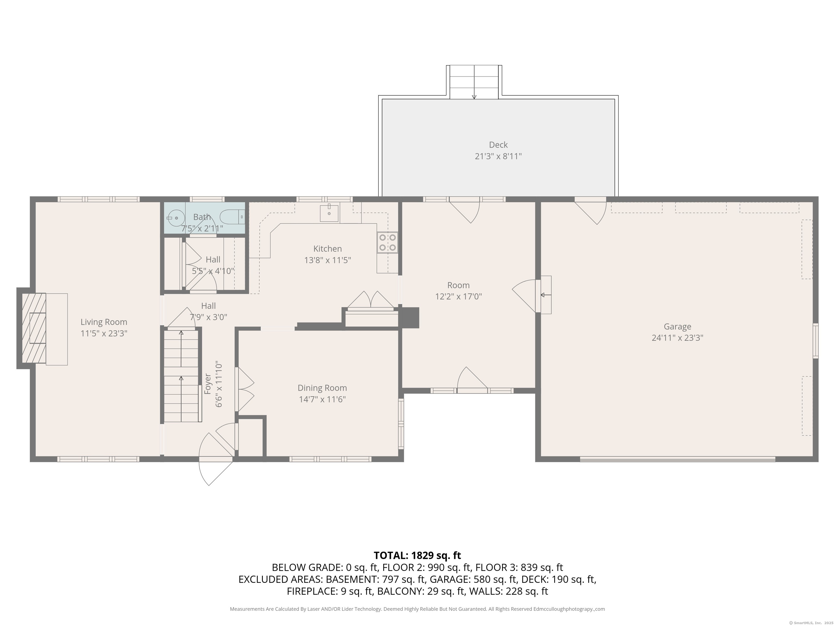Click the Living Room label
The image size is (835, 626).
coord(104,322)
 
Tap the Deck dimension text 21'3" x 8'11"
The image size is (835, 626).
coord(498,156)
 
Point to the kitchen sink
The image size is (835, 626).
coord(329,213)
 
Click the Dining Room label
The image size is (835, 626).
coord(322,388)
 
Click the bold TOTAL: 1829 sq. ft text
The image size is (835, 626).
coord(417,555)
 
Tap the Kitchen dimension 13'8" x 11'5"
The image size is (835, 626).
coord(328,260)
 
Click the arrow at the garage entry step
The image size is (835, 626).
coord(546,295)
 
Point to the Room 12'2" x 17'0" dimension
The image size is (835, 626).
coord(458,297)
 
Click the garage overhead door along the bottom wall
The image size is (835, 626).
coord(678,459)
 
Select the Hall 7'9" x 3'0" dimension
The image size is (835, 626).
coord(208,317)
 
